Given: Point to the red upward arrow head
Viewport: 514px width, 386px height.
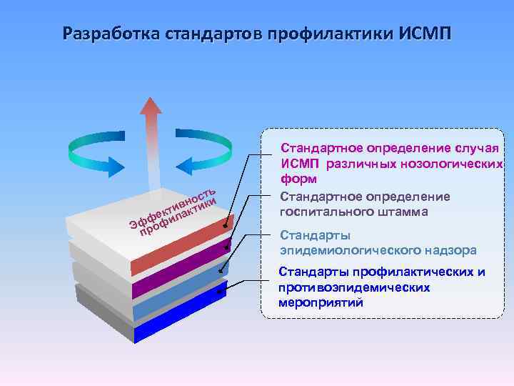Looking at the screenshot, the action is pos(151,107).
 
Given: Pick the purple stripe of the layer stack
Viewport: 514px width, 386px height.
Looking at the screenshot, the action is pos(186,274).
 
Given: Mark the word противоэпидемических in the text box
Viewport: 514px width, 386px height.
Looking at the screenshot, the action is pos(354,287).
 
